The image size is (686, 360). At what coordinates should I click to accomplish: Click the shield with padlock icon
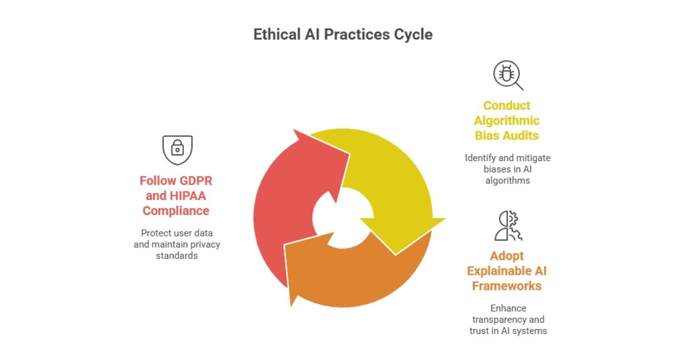tap(177, 150)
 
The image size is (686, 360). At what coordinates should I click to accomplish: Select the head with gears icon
tap(508, 226)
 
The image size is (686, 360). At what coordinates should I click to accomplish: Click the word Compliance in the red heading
tap(176, 211)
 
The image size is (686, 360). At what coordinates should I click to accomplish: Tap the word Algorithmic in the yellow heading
tap(507, 121)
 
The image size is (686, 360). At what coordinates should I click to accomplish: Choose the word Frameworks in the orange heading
tap(507, 286)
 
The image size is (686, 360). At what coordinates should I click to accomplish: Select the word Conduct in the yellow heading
tap(507, 106)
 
